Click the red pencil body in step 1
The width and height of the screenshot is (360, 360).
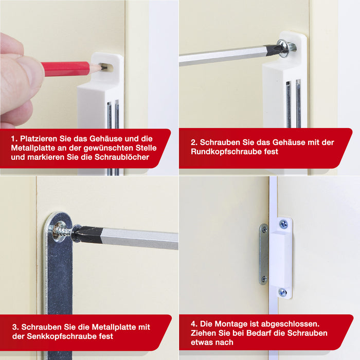tap(65, 69)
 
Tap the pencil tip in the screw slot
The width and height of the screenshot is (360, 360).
tap(103, 67)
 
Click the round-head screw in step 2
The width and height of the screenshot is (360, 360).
tap(286, 48)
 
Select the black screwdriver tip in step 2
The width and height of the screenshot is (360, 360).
tap(273, 49)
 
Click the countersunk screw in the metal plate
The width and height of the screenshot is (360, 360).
tap(60, 231)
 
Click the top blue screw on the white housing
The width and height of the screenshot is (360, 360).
tap(283, 224)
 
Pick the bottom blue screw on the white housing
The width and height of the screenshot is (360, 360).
tap(283, 292)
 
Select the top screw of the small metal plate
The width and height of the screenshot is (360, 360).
tap(264, 229)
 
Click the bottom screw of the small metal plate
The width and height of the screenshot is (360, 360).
tap(264, 279)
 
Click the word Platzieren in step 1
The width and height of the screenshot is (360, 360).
tap(39, 139)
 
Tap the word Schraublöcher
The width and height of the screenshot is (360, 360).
tap(122, 157)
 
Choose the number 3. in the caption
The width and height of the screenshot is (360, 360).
tap(15, 327)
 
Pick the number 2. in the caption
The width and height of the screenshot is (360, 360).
tap(194, 142)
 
